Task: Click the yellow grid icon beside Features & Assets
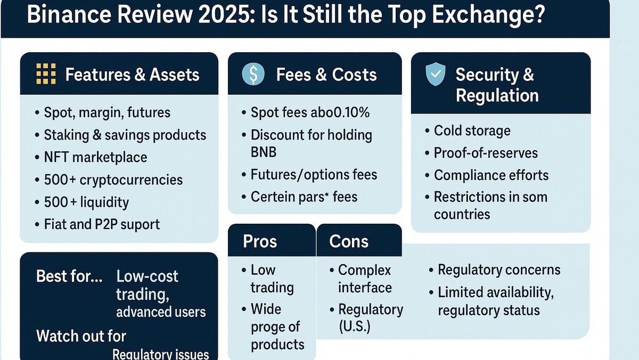coord(45,74)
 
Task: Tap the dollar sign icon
coord(253,74)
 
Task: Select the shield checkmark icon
coord(435,74)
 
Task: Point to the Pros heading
coord(260,241)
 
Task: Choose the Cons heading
coord(349,241)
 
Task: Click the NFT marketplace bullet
coord(95,157)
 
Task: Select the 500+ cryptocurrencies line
coord(113,179)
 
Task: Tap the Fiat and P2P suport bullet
coord(101,224)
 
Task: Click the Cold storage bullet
coord(472,130)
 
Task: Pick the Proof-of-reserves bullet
coord(486,153)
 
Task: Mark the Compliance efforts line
coord(491,175)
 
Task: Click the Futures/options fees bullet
coord(314,175)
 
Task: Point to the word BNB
coord(264,152)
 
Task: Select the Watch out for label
coord(81,336)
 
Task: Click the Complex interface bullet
coord(365,279)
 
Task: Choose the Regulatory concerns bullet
coord(498,270)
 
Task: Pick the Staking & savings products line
coord(125,135)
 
